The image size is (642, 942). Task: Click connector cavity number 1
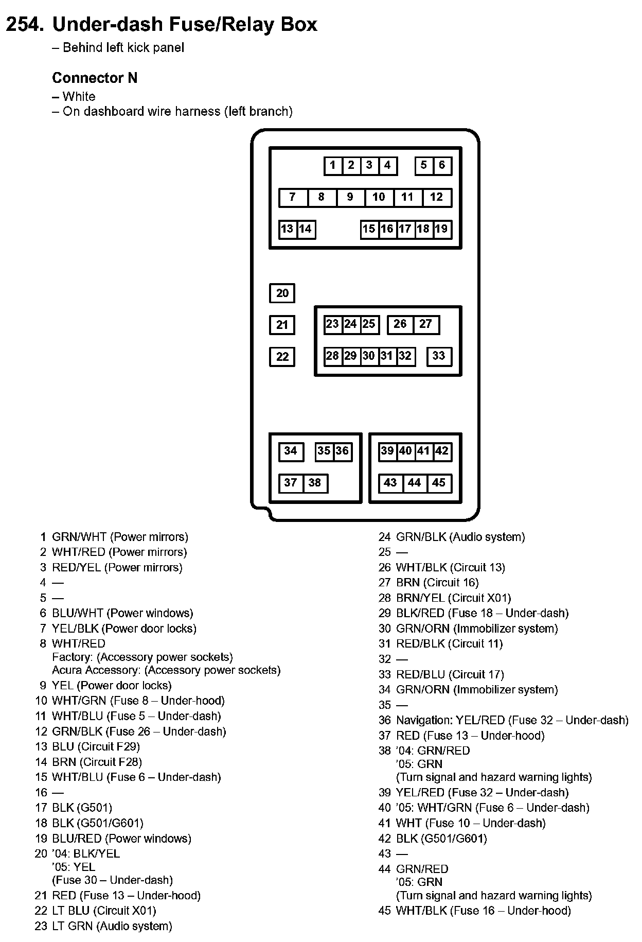tap(333, 165)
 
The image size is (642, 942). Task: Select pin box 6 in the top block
tap(442, 165)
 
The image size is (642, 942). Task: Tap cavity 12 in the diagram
tap(436, 197)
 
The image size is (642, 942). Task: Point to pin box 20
tap(282, 293)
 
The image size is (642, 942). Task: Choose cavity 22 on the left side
tap(282, 357)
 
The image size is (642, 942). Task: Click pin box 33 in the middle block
tap(439, 356)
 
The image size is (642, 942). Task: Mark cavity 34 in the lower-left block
tap(291, 451)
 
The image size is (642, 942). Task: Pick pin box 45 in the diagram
tap(439, 483)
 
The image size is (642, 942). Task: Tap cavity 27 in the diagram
tap(425, 324)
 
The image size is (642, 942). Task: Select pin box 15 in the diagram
tap(369, 229)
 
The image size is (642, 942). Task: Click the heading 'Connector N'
tap(95, 78)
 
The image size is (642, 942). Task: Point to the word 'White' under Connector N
tap(79, 97)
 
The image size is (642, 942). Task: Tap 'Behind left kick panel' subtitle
tap(123, 48)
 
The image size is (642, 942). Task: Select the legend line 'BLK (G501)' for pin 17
tap(82, 808)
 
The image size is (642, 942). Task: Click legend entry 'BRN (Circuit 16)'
tap(437, 583)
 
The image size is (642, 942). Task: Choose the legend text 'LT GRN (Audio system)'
tap(112, 926)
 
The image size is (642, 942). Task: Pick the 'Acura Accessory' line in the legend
tap(166, 670)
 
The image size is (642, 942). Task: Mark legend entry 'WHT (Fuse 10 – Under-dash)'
tap(471, 823)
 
